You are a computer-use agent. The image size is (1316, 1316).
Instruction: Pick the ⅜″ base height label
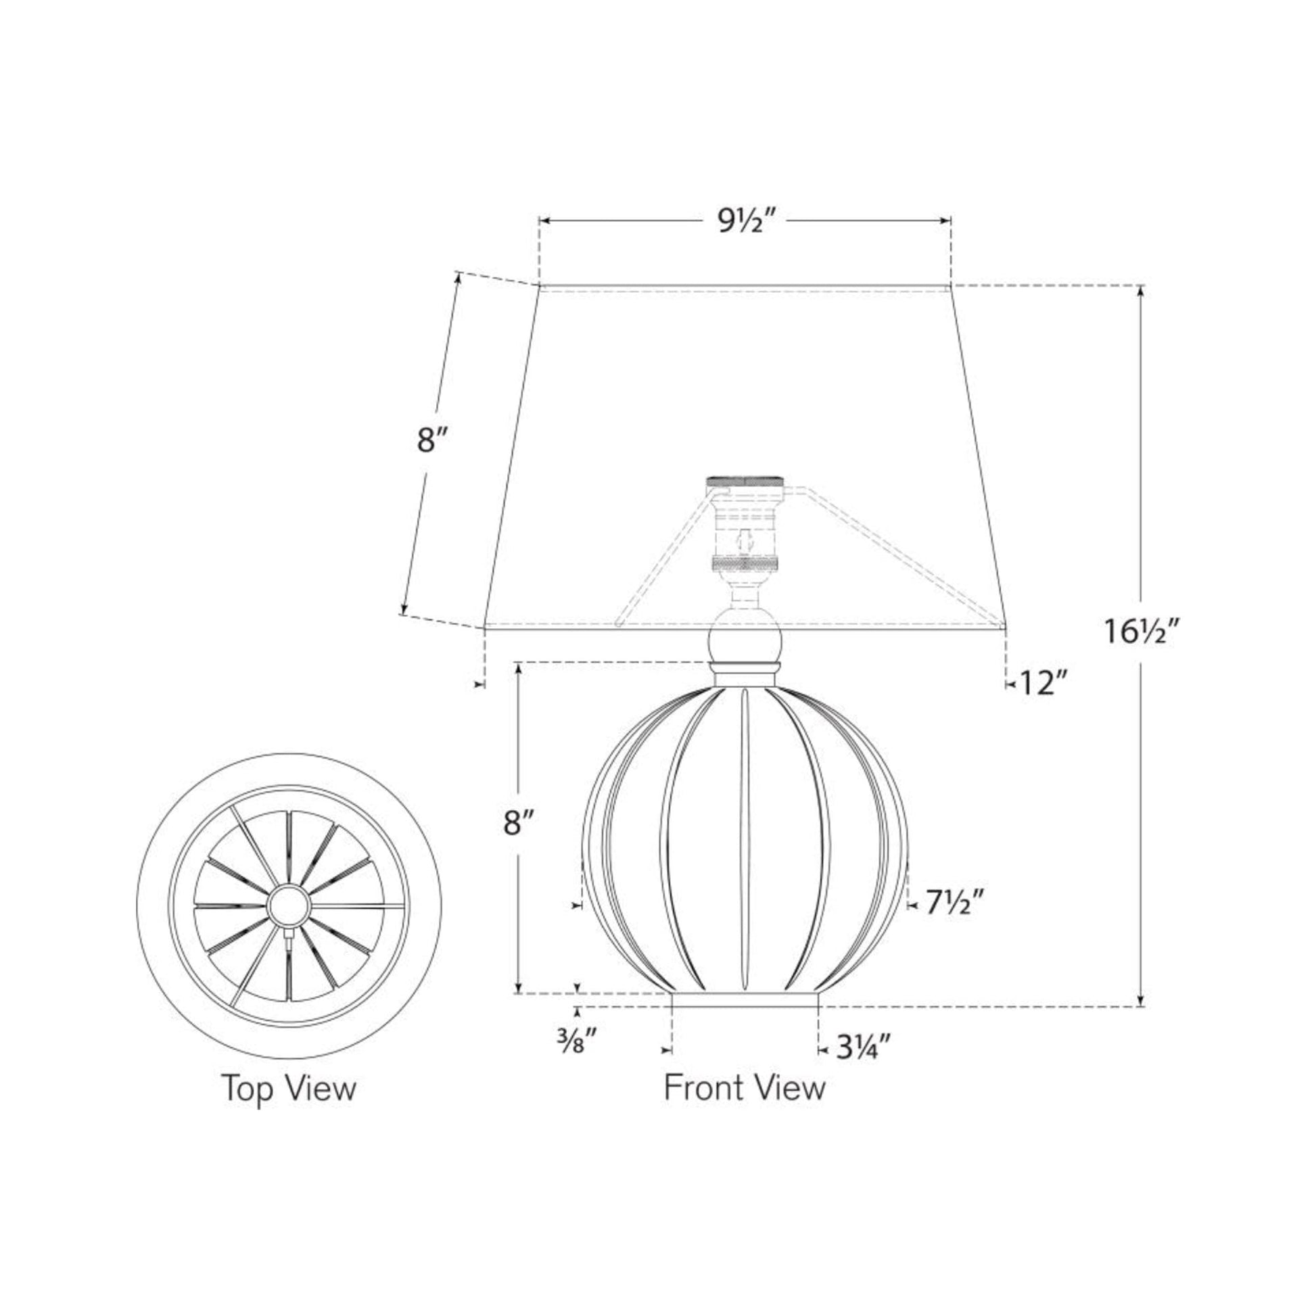[x=576, y=1040]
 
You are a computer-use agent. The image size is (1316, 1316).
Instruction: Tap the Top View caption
[x=288, y=1088]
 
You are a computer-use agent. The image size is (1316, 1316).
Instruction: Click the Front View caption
[x=745, y=1087]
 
